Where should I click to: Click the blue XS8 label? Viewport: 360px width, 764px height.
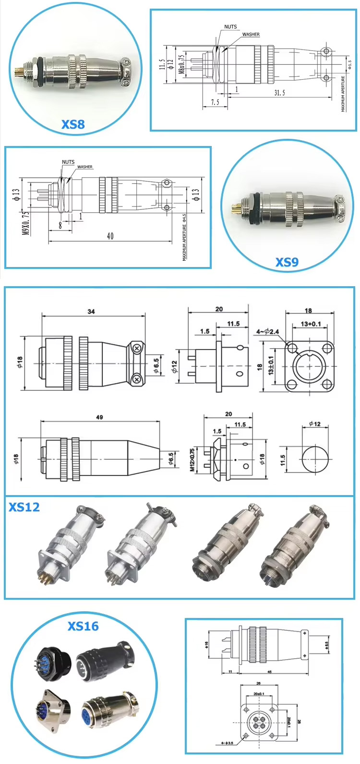(73, 124)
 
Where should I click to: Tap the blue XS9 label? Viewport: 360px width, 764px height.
(287, 262)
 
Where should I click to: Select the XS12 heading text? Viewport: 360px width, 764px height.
(24, 507)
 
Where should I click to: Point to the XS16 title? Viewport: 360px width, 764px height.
(83, 626)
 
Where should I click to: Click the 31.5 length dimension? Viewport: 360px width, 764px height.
(279, 93)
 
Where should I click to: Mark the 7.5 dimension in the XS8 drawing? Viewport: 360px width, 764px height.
(215, 102)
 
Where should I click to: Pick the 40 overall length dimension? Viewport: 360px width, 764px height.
(110, 236)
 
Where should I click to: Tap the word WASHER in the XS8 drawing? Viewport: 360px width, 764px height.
(251, 35)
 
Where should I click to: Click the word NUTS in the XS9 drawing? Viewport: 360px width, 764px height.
(68, 162)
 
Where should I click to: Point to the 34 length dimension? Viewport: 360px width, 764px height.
(91, 312)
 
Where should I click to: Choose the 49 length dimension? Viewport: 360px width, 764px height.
(99, 417)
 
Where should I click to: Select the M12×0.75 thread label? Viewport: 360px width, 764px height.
(192, 460)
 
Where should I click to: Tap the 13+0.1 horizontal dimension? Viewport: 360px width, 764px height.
(311, 324)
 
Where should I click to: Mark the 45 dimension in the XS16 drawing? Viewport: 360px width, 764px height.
(269, 671)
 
